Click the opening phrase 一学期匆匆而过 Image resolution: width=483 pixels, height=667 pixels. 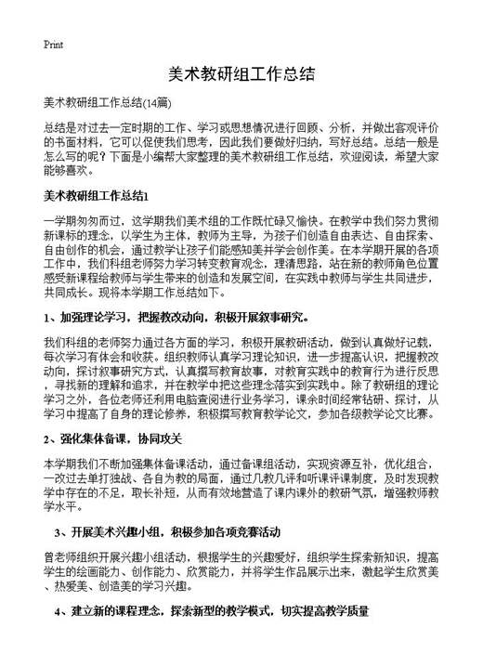[x=82, y=222]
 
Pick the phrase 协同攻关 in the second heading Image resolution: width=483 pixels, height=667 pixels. [x=167, y=438]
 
